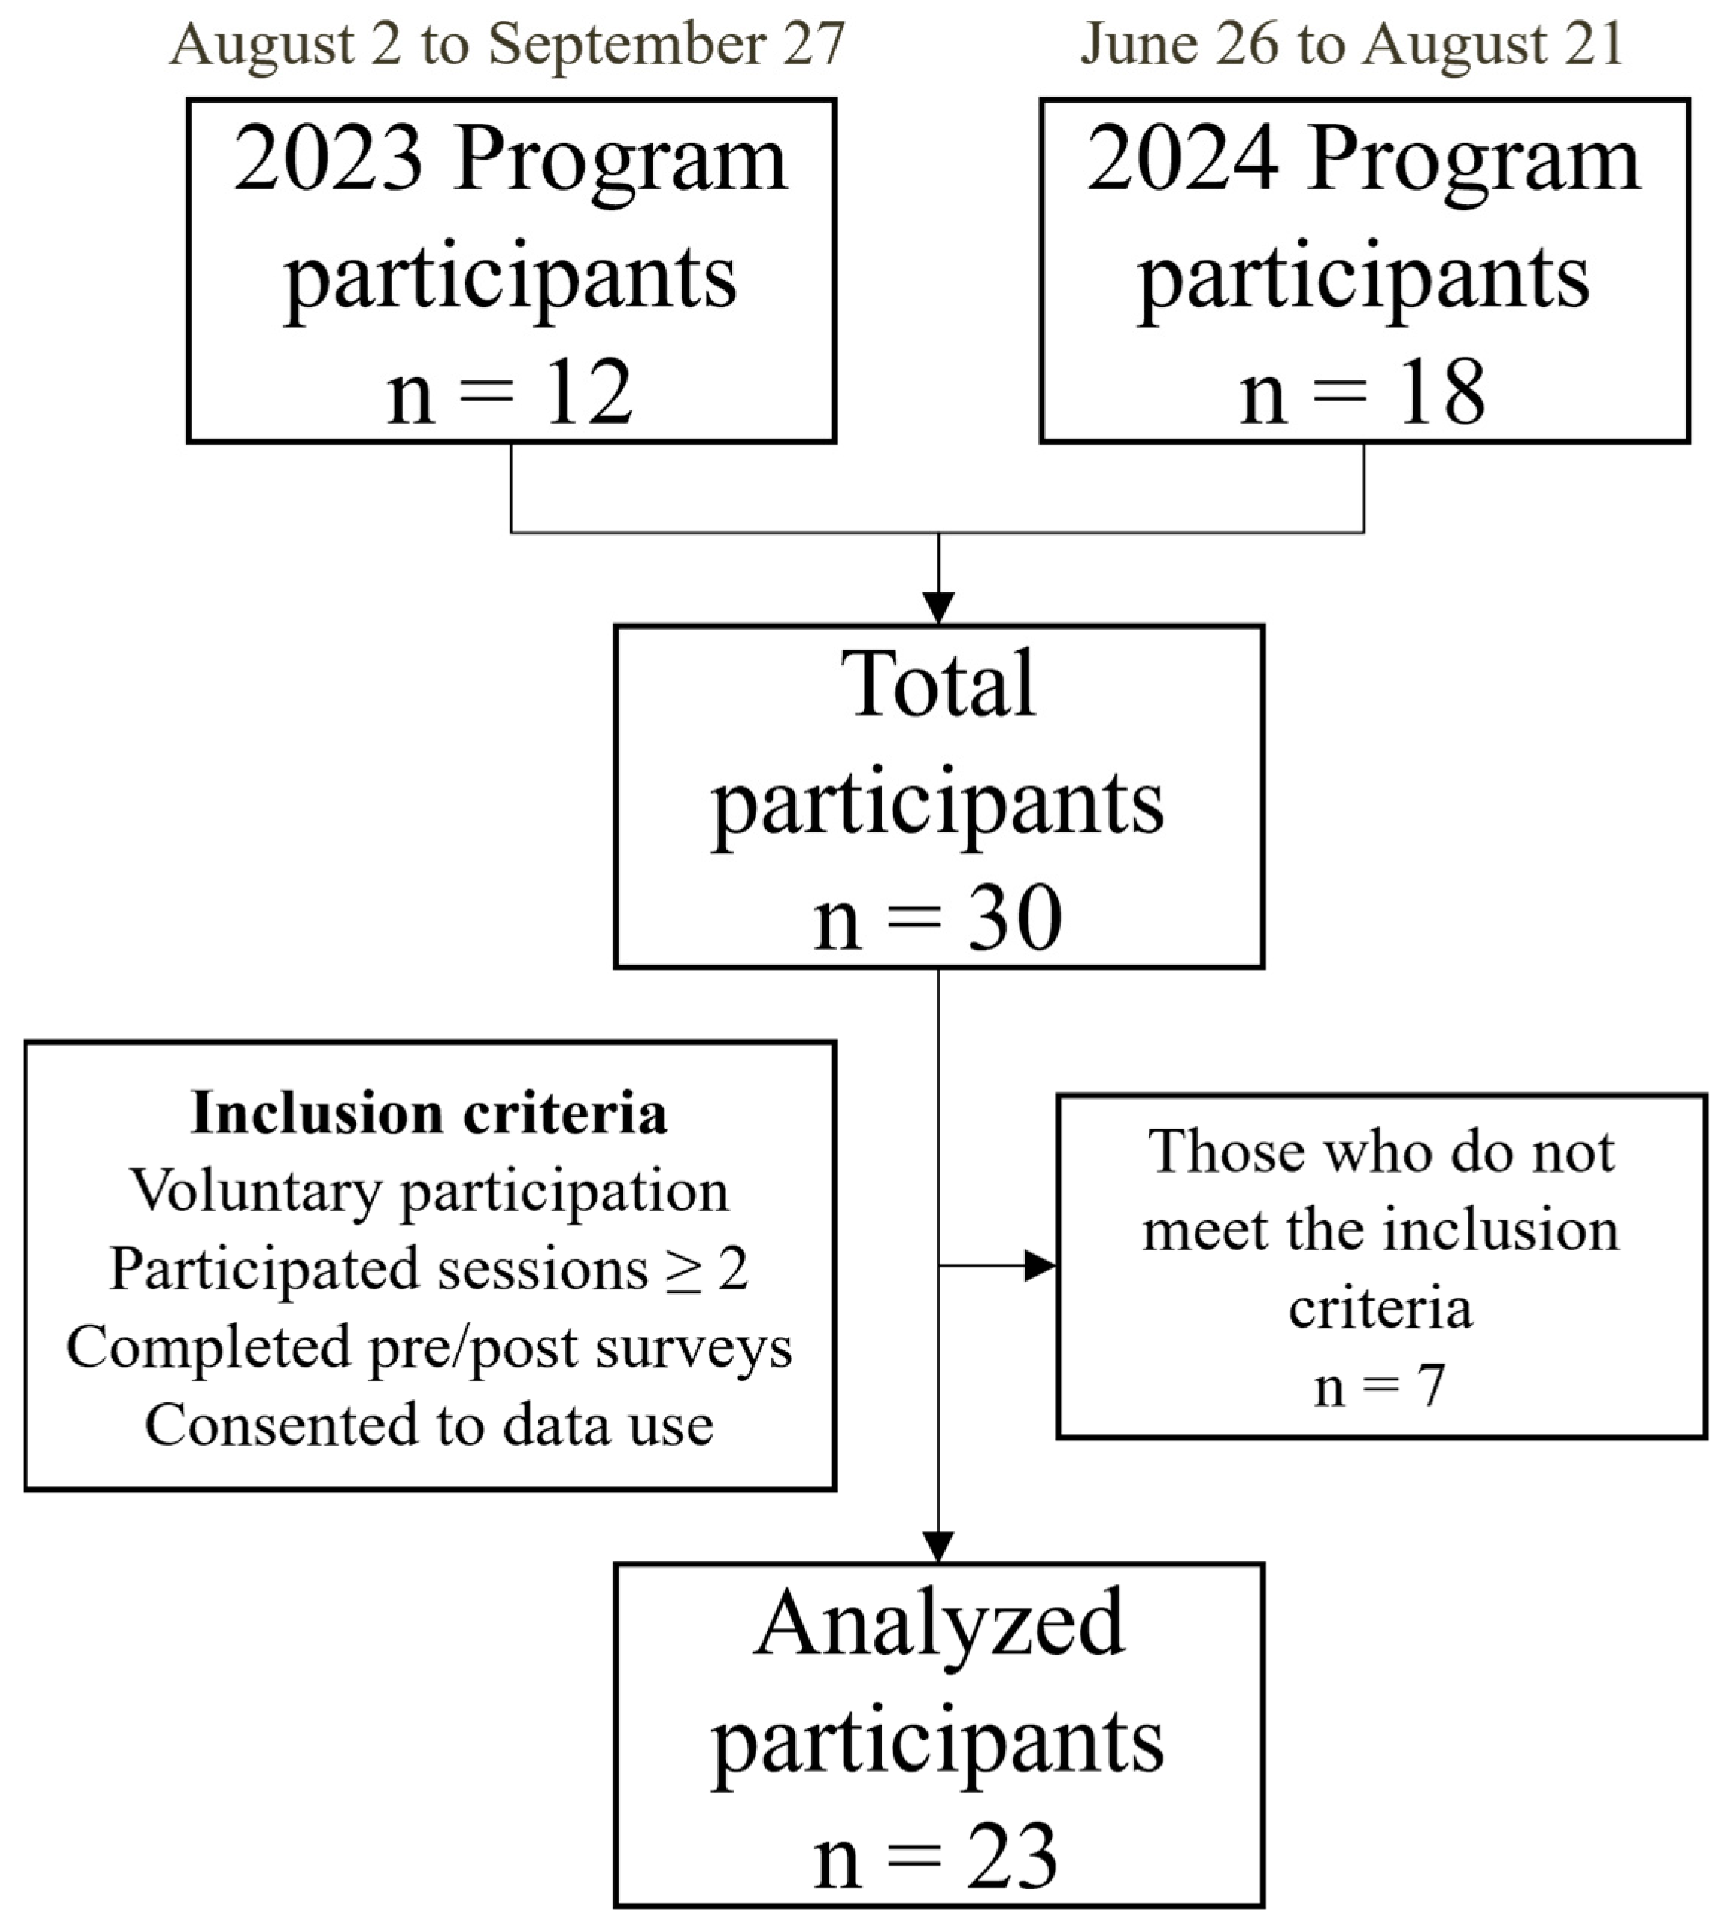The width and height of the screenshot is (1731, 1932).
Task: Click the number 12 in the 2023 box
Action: tap(587, 392)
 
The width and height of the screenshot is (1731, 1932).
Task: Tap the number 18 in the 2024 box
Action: tap(1440, 392)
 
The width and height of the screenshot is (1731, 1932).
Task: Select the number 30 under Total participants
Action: tap(1014, 918)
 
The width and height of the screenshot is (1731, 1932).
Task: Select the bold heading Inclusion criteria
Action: tap(429, 1112)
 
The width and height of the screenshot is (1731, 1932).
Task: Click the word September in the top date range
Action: tap(626, 44)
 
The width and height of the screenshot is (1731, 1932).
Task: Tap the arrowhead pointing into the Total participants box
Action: tap(937, 607)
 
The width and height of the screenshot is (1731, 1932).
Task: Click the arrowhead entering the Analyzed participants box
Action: tap(937, 1546)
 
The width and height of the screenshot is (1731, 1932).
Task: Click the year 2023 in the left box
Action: tap(328, 160)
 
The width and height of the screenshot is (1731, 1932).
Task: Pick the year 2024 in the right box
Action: tap(1182, 160)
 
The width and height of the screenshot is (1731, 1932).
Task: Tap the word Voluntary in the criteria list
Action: tap(256, 1192)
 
